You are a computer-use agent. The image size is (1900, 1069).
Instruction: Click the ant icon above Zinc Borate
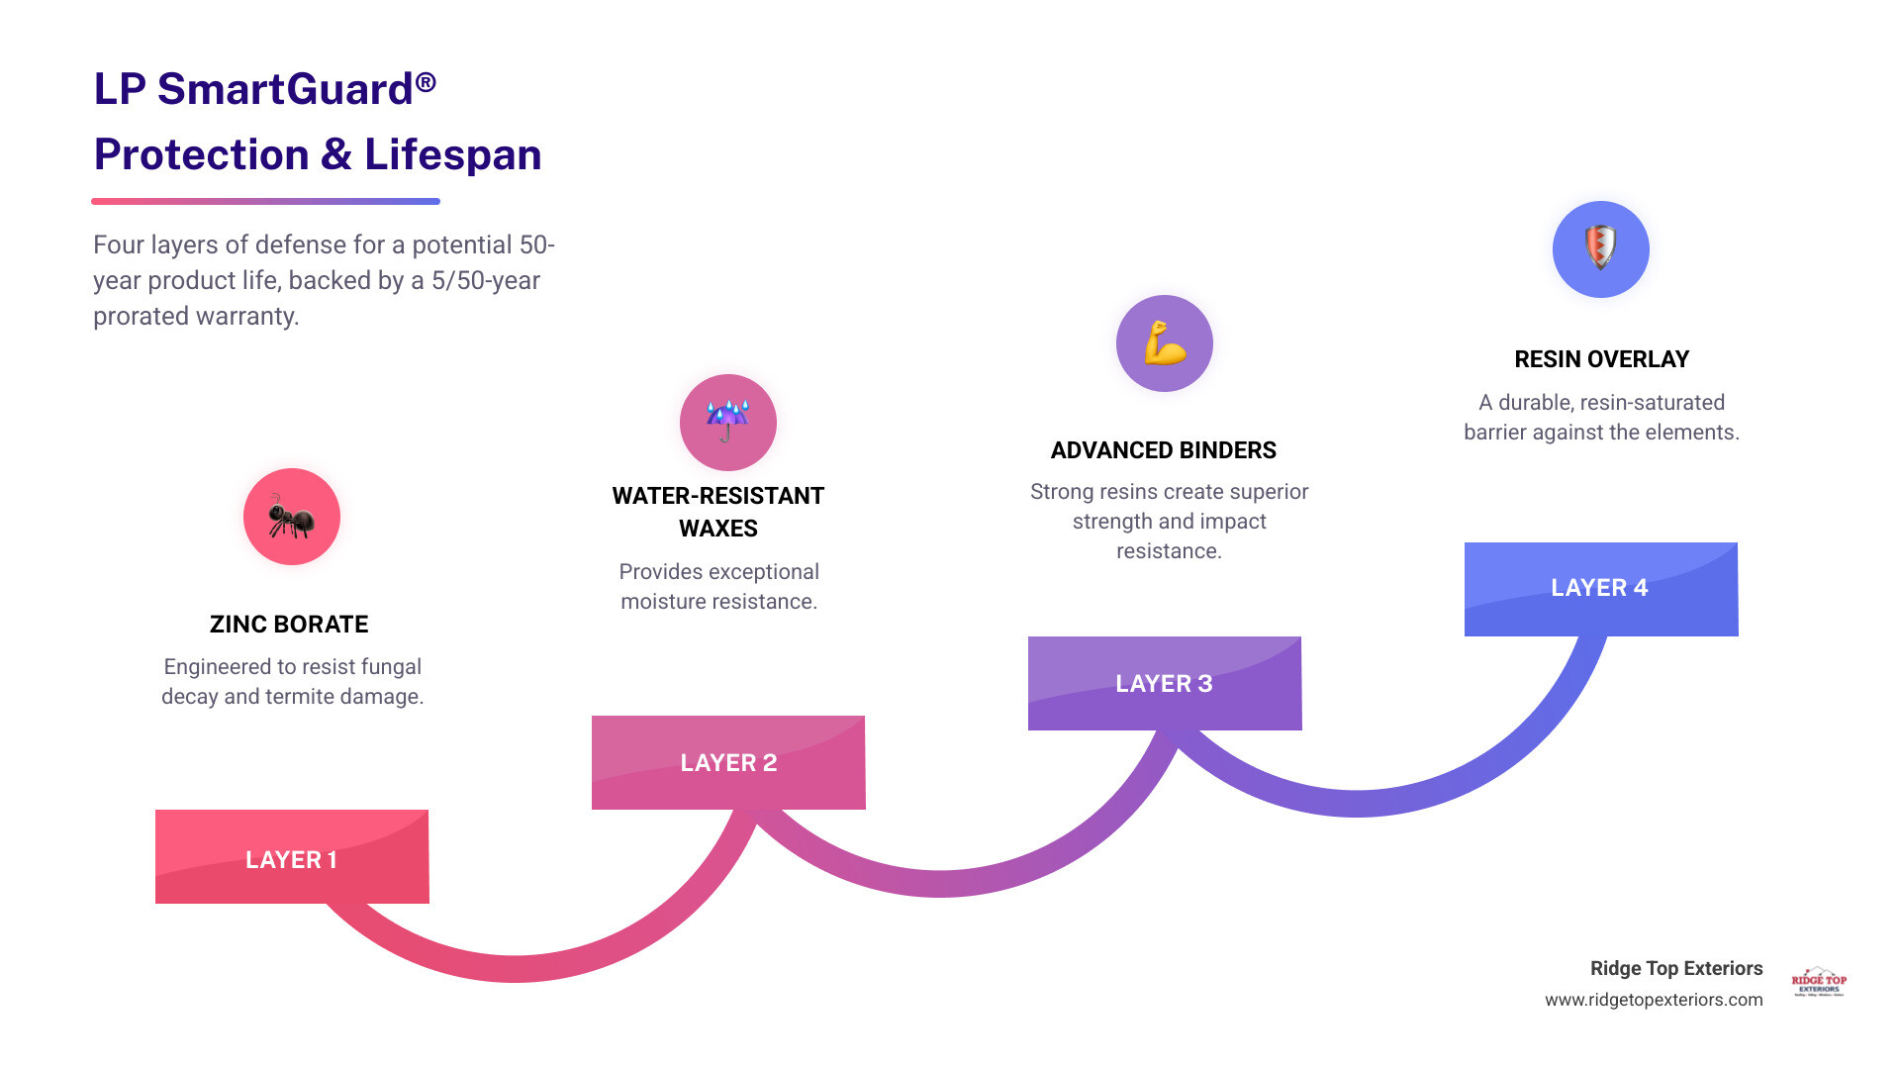tap(292, 517)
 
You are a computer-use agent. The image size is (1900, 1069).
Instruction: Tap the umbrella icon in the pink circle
tap(727, 422)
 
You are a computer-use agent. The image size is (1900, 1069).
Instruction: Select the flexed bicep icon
tap(1165, 343)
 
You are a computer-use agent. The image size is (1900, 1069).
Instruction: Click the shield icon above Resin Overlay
tap(1600, 248)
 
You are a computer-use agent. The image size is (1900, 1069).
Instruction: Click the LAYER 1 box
tap(292, 857)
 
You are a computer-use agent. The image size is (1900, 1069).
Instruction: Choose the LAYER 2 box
tap(728, 762)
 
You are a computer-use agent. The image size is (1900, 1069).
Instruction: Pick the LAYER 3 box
tap(1165, 683)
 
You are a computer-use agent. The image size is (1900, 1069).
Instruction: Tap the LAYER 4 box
tap(1600, 588)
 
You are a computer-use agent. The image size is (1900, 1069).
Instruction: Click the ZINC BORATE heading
tap(289, 625)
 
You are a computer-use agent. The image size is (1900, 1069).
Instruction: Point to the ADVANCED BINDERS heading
tap(1164, 450)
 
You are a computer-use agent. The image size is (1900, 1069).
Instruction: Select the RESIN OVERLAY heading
tap(1601, 359)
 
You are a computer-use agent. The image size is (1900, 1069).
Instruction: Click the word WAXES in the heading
tap(718, 529)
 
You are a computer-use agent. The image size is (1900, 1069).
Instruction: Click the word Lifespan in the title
tap(452, 154)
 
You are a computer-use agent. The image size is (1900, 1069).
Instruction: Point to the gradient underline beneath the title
tap(265, 201)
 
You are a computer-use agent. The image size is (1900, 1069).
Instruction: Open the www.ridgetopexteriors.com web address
tap(1654, 1000)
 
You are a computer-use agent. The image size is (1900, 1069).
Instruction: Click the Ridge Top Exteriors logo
tap(1819, 981)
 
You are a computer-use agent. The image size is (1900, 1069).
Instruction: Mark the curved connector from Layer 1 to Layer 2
tap(515, 968)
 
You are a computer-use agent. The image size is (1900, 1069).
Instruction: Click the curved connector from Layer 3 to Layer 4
tap(1356, 803)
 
